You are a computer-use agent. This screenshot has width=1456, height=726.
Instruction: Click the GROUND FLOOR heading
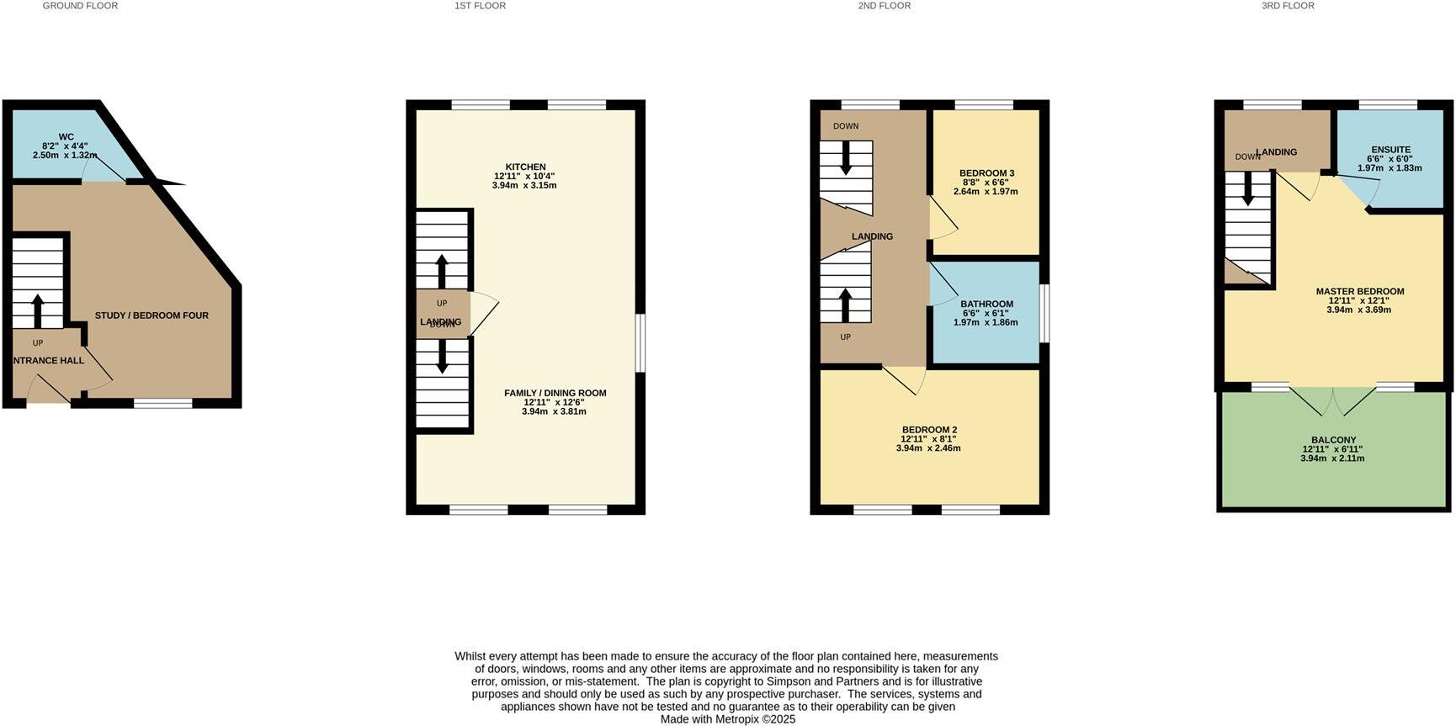80,6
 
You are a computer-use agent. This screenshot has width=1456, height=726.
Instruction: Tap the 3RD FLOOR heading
1287,6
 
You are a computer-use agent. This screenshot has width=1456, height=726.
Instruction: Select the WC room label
66,137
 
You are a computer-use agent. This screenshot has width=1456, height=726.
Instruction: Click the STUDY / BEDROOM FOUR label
151,315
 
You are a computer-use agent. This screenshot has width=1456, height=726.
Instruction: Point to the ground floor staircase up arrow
37,310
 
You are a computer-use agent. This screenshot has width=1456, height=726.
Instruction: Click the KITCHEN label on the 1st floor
525,167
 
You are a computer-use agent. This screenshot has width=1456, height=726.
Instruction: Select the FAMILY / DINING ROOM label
555,393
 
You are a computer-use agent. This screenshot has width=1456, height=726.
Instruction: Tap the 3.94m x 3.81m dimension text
554,411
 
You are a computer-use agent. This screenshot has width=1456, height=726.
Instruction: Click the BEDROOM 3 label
986,173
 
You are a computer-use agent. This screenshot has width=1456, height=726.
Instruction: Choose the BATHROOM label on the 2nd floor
986,304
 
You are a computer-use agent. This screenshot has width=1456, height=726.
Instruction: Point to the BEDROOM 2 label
928,430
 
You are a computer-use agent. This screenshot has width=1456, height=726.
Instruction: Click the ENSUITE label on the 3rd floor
1390,150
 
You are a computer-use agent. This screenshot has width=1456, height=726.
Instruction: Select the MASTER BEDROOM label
1359,292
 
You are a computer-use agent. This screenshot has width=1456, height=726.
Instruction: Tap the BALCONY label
1333,440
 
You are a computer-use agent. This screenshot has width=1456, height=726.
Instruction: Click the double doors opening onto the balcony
1334,400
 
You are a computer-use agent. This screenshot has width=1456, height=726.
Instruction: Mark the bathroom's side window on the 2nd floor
1044,313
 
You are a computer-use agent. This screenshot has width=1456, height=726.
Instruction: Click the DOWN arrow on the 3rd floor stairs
1247,188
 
